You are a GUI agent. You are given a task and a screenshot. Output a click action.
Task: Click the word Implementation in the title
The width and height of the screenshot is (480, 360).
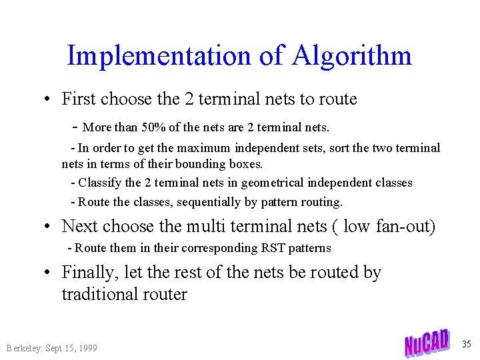[159, 55]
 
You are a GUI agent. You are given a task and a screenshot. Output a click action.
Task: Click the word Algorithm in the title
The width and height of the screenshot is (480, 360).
[351, 55]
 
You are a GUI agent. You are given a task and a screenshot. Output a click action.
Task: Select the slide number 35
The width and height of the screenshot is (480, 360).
[466, 344]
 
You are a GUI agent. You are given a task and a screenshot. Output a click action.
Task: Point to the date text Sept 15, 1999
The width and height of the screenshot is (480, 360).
[71, 348]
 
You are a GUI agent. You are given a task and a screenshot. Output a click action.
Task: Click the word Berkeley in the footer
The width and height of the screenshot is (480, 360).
[23, 348]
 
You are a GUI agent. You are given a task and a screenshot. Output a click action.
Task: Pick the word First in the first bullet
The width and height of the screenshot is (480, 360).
[78, 99]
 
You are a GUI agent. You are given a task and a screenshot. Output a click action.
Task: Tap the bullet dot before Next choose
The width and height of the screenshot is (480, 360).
[49, 227]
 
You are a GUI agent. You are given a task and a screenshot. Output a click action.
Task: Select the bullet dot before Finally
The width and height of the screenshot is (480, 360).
[49, 273]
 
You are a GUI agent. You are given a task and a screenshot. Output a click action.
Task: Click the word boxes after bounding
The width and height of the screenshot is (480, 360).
[244, 163]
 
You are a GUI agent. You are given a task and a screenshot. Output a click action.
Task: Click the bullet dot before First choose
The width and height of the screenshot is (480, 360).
[49, 99]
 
